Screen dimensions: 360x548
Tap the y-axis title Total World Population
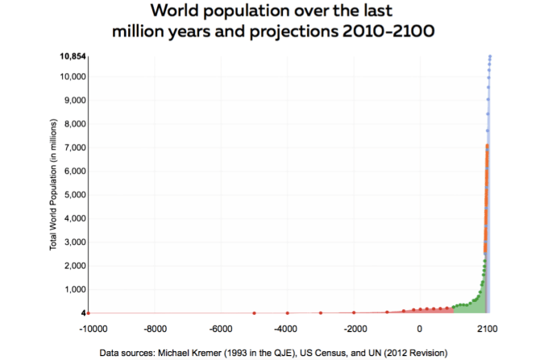pyautogui.click(x=53, y=184)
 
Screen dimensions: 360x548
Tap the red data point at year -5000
pyautogui.click(x=255, y=312)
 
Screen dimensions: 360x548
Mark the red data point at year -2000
pyautogui.click(x=354, y=312)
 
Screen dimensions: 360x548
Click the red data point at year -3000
pyautogui.click(x=321, y=312)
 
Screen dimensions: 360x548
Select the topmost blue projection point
pyautogui.click(x=490, y=56)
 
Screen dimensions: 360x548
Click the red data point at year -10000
pyautogui.click(x=89, y=312)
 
